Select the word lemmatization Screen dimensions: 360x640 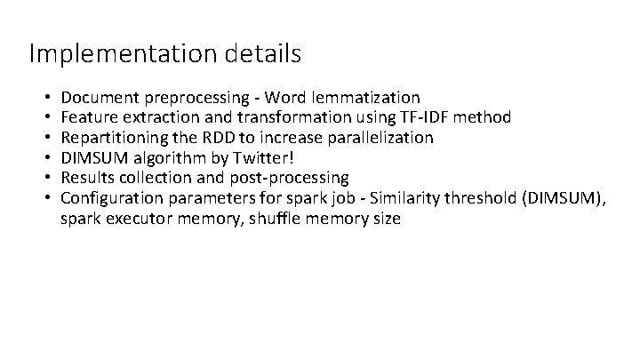(366, 97)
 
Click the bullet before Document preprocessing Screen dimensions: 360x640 (45, 97)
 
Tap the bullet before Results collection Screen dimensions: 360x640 (45, 178)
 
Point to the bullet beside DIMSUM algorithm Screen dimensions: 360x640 (45, 158)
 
